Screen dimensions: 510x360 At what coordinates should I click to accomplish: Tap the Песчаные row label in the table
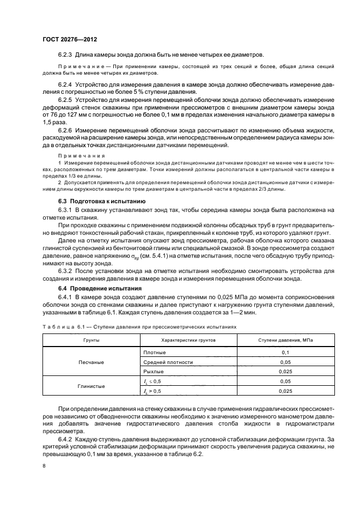pyautogui.click(x=90, y=362)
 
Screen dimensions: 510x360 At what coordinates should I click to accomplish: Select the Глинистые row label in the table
pyautogui.click(x=90, y=386)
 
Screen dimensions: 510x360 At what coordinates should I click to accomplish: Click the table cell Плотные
pyautogui.click(x=154, y=353)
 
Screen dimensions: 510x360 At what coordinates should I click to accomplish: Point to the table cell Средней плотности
pyautogui.click(x=168, y=362)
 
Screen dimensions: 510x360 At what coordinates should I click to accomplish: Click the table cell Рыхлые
pyautogui.click(x=153, y=371)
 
